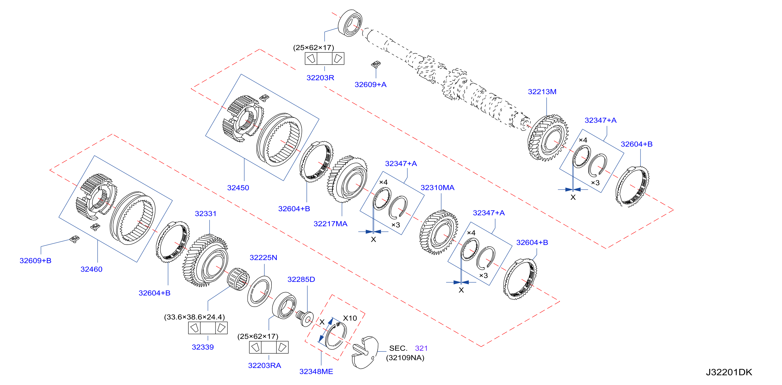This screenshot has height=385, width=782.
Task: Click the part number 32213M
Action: pyautogui.click(x=542, y=92)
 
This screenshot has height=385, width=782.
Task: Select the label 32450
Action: pyautogui.click(x=238, y=188)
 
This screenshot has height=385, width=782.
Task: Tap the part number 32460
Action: pyautogui.click(x=91, y=269)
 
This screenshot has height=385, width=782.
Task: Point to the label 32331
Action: pyautogui.click(x=206, y=214)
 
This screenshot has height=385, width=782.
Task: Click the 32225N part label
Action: pyautogui.click(x=263, y=257)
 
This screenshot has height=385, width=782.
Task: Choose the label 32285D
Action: pyautogui.click(x=301, y=279)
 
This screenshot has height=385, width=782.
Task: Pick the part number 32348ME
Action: pyautogui.click(x=316, y=371)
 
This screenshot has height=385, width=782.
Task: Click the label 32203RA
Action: pyautogui.click(x=264, y=365)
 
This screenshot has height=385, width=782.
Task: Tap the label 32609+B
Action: pyautogui.click(x=36, y=260)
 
